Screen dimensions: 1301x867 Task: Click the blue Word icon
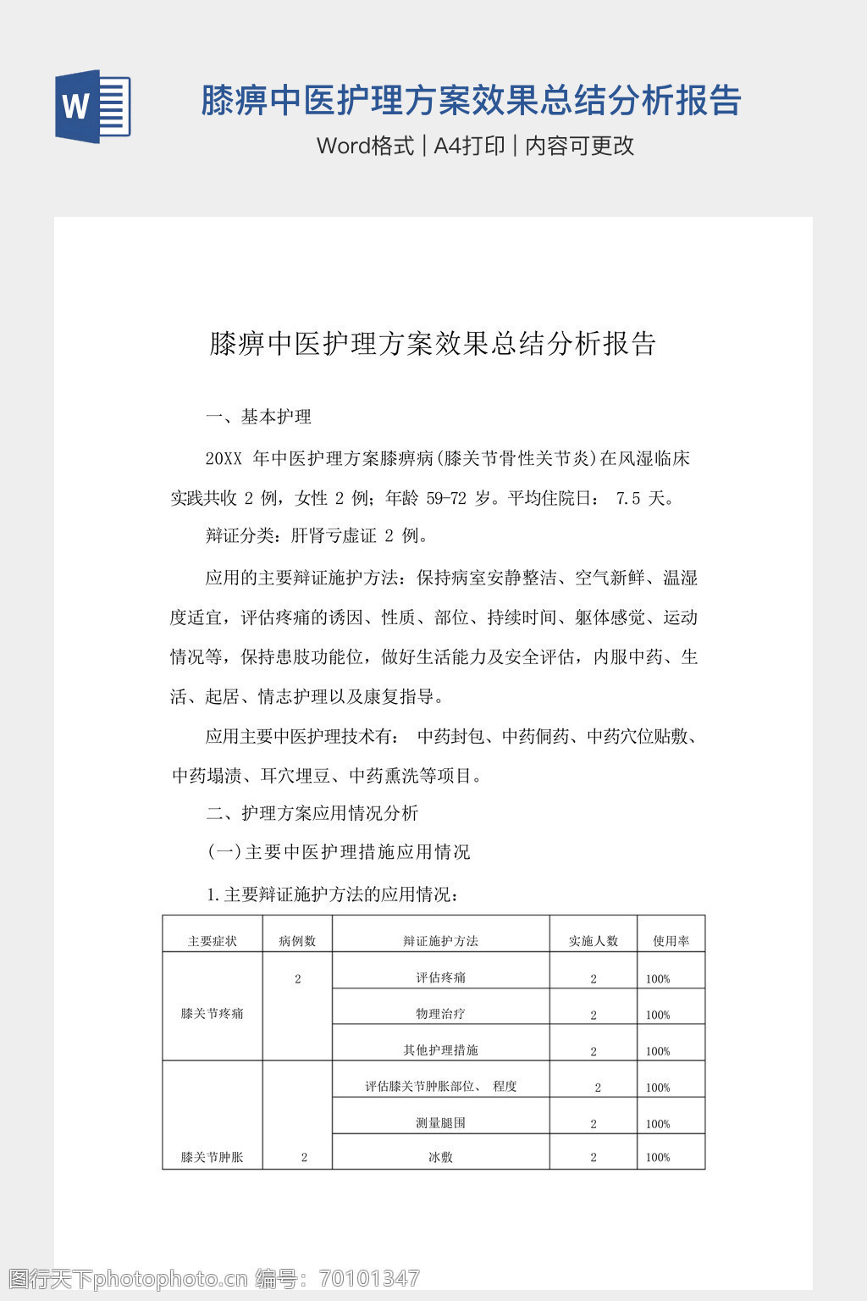(92, 107)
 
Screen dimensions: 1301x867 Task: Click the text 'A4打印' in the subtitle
(469, 146)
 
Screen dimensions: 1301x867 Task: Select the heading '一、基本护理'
(259, 417)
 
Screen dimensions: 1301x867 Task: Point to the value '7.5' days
(628, 498)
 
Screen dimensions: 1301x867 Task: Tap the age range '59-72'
(446, 498)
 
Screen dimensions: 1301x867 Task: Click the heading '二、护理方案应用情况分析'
(312, 813)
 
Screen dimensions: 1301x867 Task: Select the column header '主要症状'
(212, 941)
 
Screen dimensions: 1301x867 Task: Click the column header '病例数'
(297, 941)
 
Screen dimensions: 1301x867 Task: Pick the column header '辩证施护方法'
(440, 941)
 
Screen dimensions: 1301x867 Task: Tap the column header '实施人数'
(594, 941)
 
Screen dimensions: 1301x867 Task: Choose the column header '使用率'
(671, 941)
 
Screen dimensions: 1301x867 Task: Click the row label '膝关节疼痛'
(212, 1013)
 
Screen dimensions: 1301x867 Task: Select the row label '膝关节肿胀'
(212, 1157)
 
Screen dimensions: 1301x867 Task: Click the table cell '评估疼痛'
(440, 977)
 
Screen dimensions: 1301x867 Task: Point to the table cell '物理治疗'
(440, 1014)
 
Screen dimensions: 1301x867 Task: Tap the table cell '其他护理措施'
(440, 1050)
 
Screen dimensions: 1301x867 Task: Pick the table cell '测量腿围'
(440, 1123)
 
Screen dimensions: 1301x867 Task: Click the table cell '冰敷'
(440, 1157)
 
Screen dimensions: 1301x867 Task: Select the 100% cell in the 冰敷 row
(658, 1158)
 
